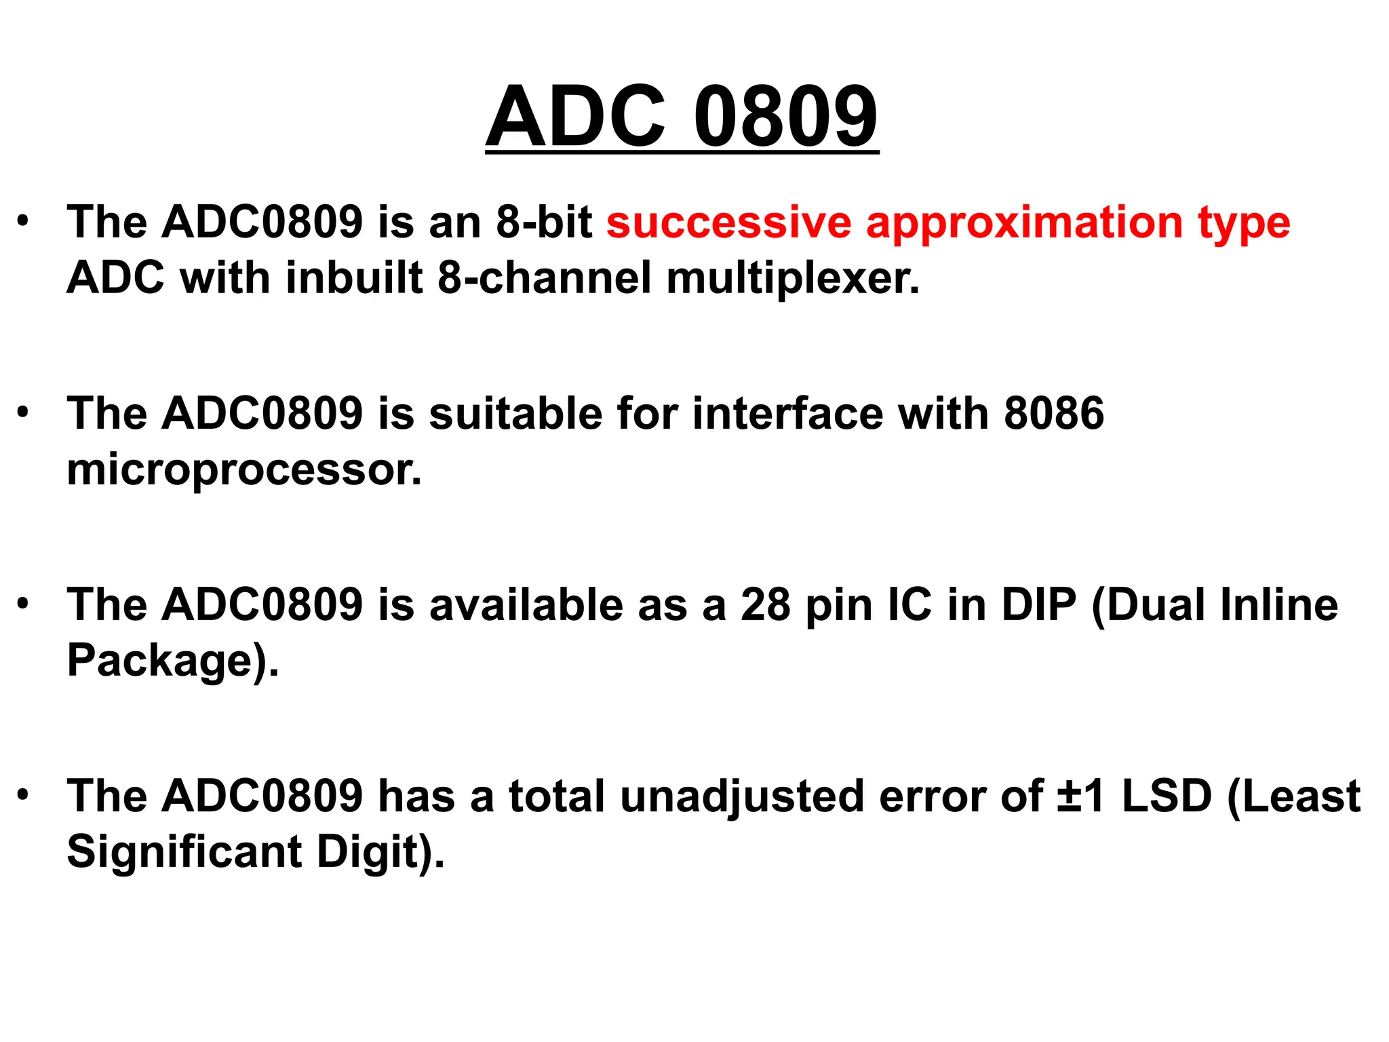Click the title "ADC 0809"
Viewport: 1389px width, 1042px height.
pos(682,117)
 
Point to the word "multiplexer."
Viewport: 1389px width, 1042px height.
pos(793,278)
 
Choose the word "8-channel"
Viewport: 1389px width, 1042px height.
pos(544,278)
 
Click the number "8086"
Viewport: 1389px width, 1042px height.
pos(1054,413)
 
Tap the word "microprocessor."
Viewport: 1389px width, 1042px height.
pos(244,469)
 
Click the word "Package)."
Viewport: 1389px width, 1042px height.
pos(173,661)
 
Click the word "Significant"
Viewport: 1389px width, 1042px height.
pos(184,852)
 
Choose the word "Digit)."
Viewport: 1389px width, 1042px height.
pos(380,852)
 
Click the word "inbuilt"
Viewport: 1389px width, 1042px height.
pos(354,278)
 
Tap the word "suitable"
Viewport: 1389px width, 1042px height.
pos(515,413)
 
